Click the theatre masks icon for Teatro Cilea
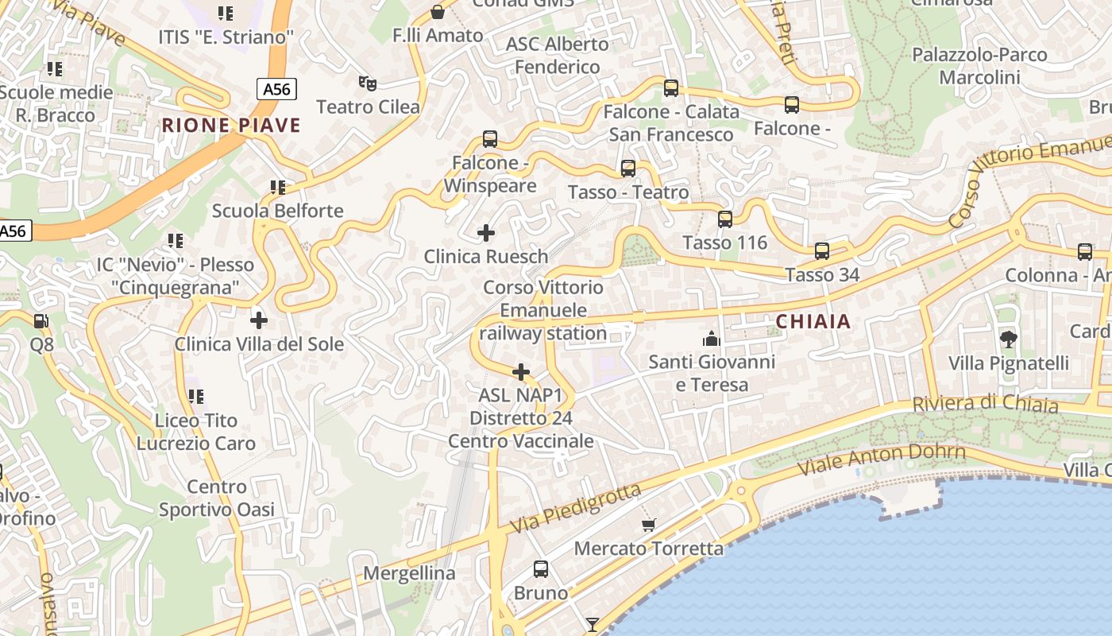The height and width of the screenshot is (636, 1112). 366,82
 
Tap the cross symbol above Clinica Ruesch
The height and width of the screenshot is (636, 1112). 485,233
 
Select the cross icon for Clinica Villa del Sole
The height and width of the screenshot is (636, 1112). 258,320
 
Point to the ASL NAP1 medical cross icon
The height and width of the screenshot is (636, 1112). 521,372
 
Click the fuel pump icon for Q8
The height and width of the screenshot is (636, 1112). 41,321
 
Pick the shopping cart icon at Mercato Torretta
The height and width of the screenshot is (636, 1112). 649,525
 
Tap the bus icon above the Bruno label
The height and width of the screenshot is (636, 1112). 541,569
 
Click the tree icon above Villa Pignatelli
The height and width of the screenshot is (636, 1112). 1008,339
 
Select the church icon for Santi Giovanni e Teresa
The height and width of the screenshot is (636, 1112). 711,339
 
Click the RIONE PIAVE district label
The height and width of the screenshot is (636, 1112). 231,126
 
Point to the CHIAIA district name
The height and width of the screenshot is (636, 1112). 813,322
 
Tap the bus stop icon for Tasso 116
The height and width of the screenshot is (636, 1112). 725,219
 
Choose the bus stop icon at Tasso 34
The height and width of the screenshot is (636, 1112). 822,251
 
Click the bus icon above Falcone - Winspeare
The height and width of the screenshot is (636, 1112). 490,139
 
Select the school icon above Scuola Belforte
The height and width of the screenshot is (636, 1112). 277,188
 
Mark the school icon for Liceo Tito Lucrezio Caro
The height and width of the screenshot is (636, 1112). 195,396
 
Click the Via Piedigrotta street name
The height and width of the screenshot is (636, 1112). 575,509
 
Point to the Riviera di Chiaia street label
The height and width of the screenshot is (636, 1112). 985,404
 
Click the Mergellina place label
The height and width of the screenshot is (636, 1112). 409,573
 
